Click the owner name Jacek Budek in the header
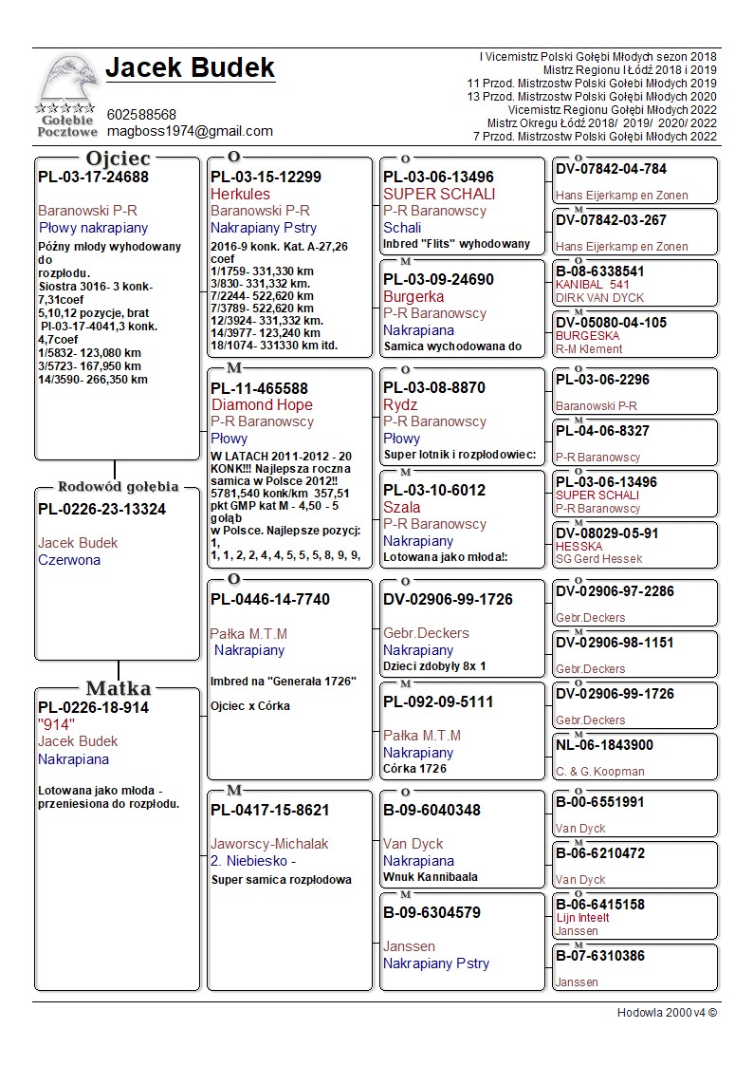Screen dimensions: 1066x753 point(190,68)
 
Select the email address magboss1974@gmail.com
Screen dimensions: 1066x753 point(190,131)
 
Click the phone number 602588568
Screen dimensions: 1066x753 point(141,114)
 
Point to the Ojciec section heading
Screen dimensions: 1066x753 point(118,159)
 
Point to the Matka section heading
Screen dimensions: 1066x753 point(118,688)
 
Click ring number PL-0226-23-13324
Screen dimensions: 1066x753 point(101,510)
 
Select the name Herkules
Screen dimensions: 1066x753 point(240,194)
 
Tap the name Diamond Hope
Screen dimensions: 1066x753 point(262,404)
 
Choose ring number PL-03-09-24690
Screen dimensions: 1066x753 point(438,280)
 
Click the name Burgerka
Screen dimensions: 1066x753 point(413,297)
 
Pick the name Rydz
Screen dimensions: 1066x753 point(400,404)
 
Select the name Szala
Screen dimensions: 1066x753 point(401,507)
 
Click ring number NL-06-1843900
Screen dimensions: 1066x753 point(604,745)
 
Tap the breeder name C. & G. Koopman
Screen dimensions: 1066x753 point(599,772)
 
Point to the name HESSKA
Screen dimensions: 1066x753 point(579,547)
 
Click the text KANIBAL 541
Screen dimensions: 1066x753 point(592,285)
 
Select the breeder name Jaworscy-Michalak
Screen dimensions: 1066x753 point(269,844)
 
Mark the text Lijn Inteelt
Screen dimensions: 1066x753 point(582,918)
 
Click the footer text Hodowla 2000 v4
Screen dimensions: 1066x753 point(667,1013)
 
